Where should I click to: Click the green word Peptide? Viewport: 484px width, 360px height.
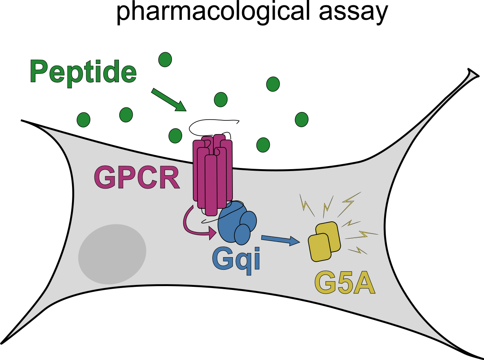83,72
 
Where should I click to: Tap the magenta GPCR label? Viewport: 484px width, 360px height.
136,177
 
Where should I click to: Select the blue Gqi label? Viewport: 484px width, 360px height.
236,259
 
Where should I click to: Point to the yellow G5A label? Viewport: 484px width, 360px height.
345,283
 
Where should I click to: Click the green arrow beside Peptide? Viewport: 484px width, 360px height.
168,100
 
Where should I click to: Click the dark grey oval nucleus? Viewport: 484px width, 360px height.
112,254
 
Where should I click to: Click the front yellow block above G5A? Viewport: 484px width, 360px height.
319,247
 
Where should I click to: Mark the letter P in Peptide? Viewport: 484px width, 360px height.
38,72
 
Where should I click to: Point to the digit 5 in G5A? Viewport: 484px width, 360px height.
344,283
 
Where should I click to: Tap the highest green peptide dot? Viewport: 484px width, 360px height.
165,59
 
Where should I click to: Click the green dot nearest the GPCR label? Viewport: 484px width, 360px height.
175,136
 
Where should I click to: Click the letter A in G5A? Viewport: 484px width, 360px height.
364,283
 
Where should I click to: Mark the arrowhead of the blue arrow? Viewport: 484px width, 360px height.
295,241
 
